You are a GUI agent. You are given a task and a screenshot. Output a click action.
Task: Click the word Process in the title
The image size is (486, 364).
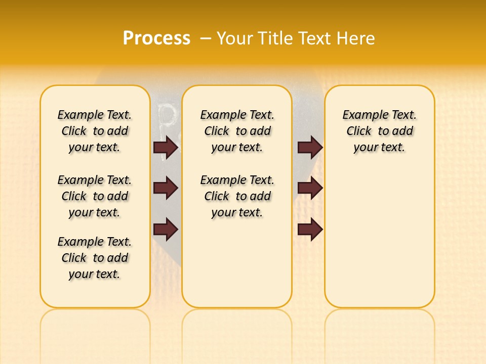click(156, 38)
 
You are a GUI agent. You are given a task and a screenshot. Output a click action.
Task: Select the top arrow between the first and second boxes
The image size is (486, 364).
click(166, 147)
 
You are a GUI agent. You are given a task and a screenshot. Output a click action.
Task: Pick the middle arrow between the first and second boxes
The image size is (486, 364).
click(166, 188)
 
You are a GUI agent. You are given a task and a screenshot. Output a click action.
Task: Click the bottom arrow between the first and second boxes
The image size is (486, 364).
click(166, 229)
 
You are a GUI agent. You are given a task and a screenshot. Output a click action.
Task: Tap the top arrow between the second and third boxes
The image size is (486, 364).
click(310, 147)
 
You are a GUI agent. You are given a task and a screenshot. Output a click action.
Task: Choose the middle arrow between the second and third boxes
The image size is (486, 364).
click(310, 188)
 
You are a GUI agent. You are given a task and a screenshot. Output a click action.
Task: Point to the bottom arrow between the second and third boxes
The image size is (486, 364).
click(310, 229)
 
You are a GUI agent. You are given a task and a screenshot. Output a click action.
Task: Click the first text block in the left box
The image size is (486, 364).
click(95, 131)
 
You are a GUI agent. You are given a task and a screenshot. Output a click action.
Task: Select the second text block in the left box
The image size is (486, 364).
click(95, 196)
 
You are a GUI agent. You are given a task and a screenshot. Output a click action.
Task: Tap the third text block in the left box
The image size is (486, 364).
click(95, 258)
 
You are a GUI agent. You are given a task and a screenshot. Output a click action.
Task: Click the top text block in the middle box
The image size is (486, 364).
click(237, 131)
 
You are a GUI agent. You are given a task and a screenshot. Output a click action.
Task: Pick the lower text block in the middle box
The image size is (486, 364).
click(237, 196)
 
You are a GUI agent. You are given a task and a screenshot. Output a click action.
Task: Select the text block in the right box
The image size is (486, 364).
click(379, 131)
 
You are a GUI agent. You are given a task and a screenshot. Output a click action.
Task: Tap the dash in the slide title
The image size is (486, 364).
click(206, 38)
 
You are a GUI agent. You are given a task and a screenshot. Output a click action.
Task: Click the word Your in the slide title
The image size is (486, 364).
click(234, 38)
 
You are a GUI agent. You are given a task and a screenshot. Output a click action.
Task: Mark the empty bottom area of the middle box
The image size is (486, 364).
click(237, 268)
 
